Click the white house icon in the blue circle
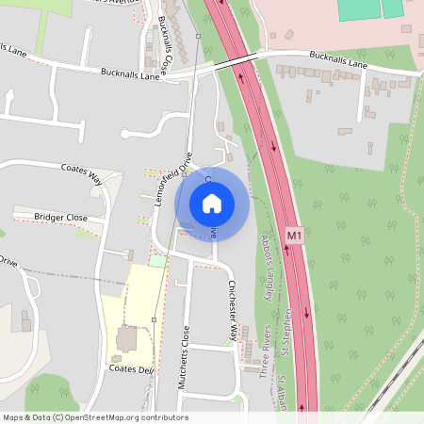click(x=212, y=203)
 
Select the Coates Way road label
click(x=81, y=173)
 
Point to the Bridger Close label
click(x=60, y=218)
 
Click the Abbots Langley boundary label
click(x=269, y=269)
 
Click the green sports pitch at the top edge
click(x=358, y=9)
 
